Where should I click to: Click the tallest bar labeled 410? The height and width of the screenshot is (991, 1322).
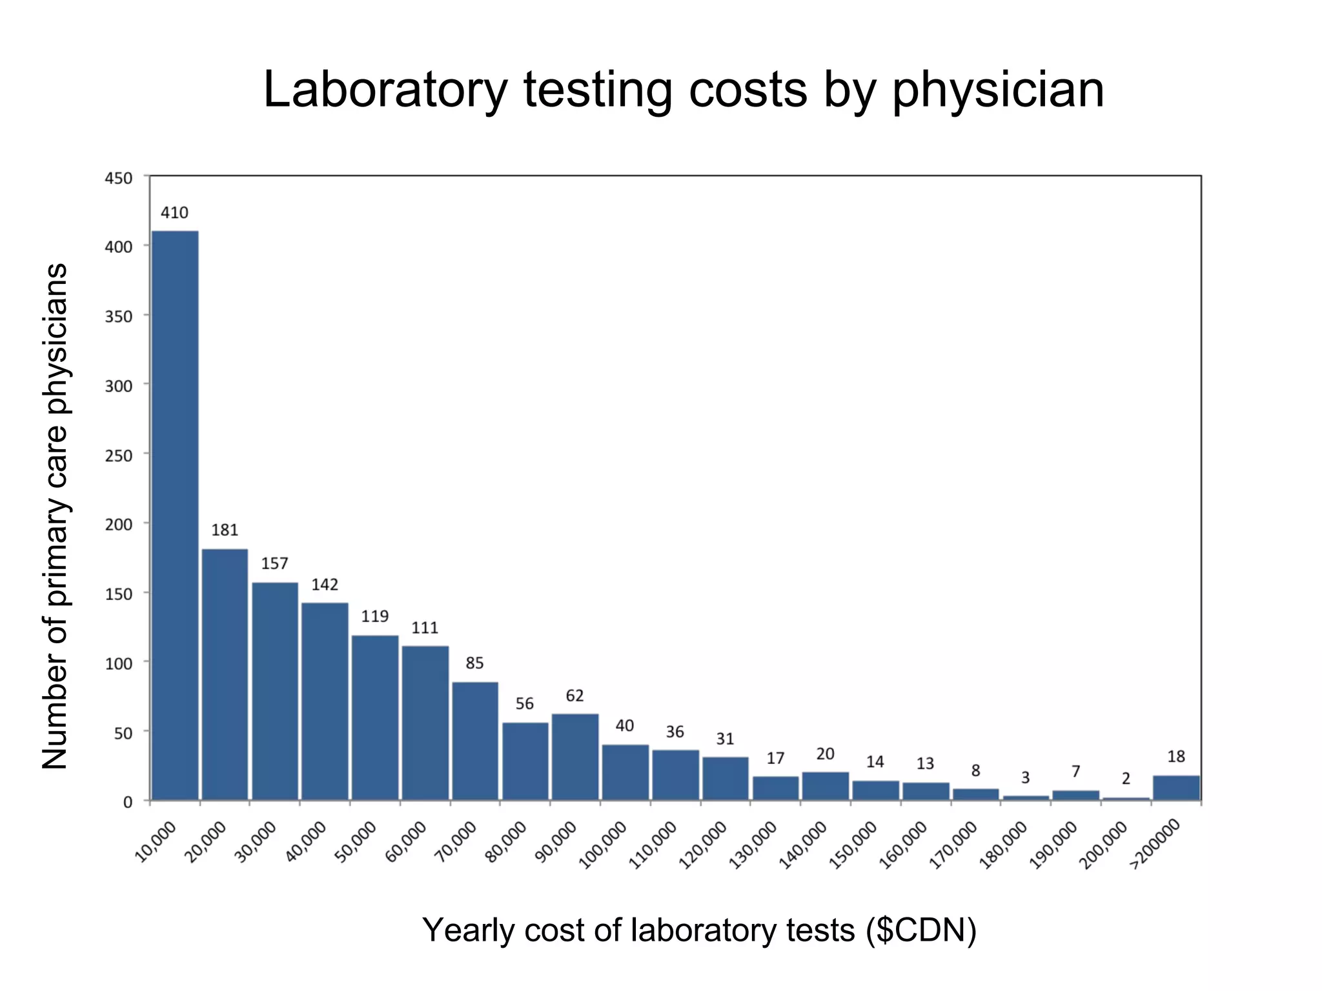pos(174,516)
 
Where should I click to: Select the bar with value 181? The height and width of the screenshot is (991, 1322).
pos(225,674)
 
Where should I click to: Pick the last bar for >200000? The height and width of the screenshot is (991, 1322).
pos(1176,788)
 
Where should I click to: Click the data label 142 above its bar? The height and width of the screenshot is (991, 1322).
pos(325,585)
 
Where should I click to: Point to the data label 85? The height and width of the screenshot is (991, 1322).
pos(474,663)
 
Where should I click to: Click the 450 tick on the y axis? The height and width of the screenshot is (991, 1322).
pos(119,178)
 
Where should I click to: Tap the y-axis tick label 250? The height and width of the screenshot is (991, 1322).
pos(119,455)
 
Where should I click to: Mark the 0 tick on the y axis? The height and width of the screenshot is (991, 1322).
pos(128,802)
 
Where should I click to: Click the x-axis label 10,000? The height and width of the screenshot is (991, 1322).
pos(156,842)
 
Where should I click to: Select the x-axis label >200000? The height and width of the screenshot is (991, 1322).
pos(1155,844)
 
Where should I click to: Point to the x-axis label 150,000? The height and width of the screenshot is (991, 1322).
pos(853,845)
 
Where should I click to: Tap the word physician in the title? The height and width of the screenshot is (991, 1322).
pos(998,90)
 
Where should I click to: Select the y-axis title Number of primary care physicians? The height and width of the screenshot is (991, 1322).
pos(56,516)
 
